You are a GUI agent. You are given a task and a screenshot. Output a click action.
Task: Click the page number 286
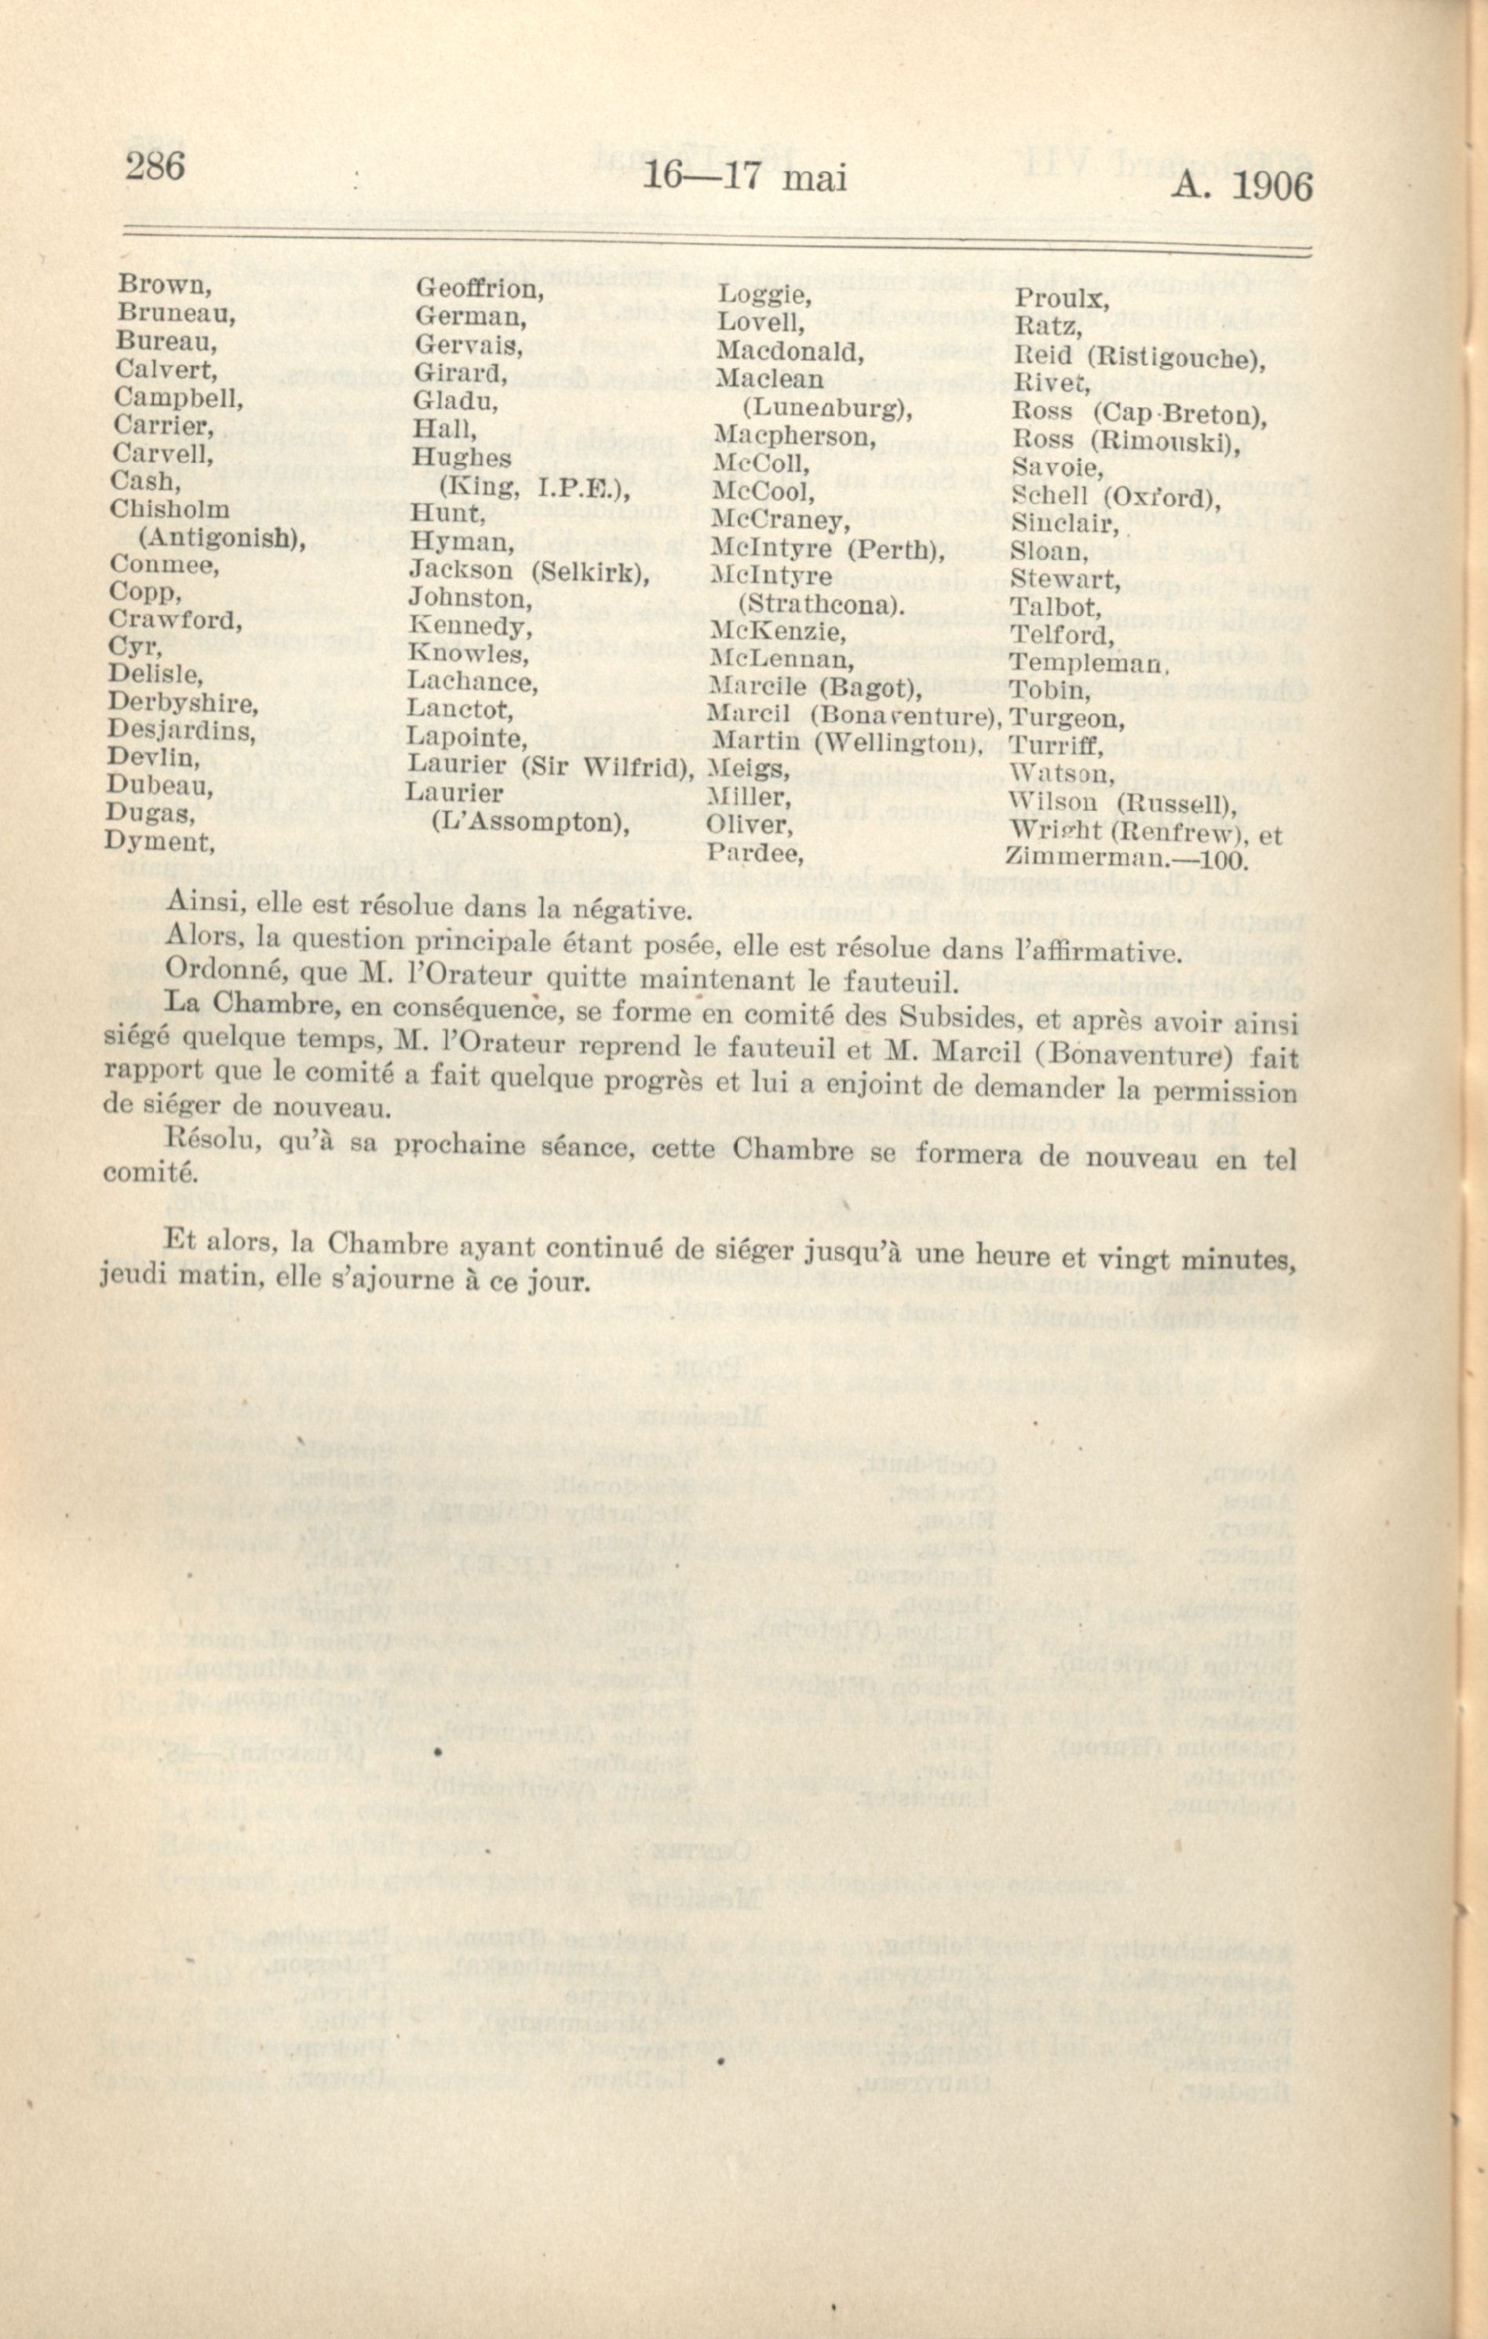point(154,166)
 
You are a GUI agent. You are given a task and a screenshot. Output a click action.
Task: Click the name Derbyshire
point(181,702)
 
